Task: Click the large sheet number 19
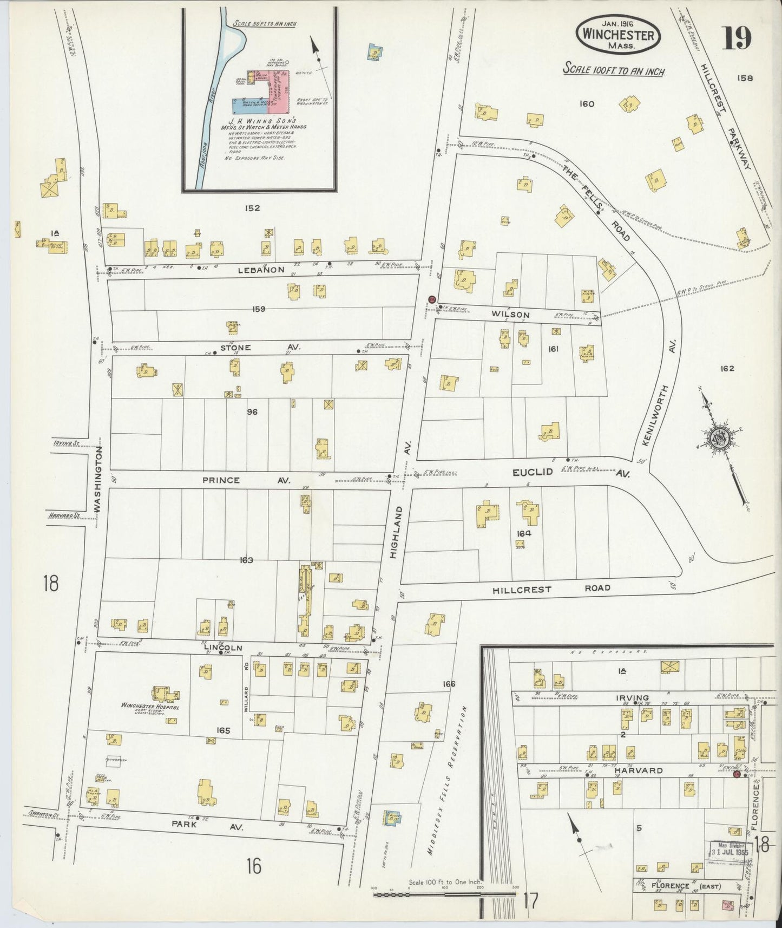click(x=736, y=37)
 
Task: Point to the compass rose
click(x=719, y=436)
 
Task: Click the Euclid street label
click(x=533, y=472)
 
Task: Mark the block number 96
click(x=252, y=412)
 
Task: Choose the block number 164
click(x=523, y=533)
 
